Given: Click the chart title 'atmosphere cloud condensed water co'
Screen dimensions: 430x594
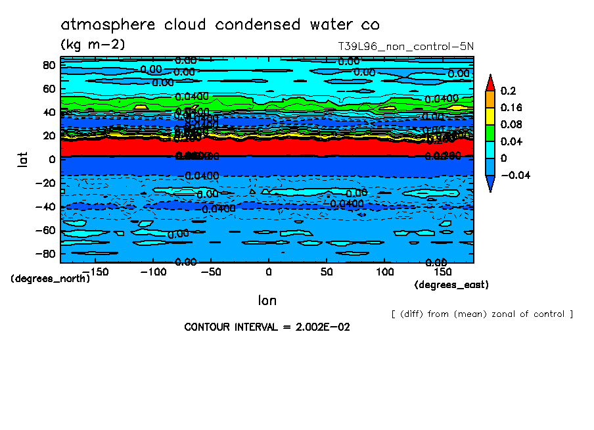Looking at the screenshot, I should click(x=220, y=25).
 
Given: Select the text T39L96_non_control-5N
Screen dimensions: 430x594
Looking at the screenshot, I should click(x=406, y=47).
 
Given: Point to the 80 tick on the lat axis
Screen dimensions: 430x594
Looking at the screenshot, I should click(x=48, y=65).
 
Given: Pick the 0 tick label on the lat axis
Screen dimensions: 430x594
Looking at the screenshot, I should click(x=52, y=160).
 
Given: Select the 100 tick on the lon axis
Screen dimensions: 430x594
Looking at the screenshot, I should click(x=384, y=272).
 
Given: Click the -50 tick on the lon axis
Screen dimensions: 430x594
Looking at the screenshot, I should click(x=210, y=272).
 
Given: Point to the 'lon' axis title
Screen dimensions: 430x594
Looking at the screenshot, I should click(x=267, y=300).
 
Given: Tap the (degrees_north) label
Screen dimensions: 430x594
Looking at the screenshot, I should click(x=51, y=278).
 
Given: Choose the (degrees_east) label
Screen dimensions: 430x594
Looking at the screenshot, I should click(x=451, y=285).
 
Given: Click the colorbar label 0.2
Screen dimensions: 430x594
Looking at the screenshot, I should click(x=507, y=91).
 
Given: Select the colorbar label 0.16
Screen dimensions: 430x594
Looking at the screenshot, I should click(x=511, y=108).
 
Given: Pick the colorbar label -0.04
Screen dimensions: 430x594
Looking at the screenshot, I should click(x=514, y=176).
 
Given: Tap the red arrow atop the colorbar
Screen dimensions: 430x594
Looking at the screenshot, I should click(x=490, y=82).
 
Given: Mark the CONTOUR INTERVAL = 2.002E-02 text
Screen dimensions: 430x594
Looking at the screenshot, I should click(x=267, y=327).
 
